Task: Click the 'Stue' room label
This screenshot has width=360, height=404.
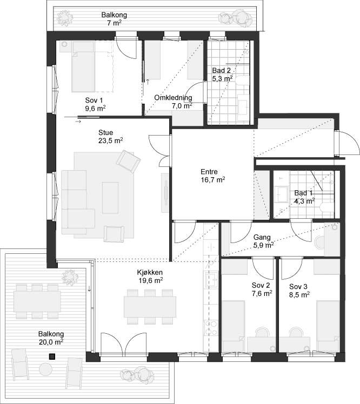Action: (106, 133)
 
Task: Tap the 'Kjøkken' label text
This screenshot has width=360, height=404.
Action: (150, 272)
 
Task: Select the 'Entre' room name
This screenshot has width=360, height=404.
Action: (209, 172)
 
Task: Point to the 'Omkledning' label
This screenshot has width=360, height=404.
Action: (173, 98)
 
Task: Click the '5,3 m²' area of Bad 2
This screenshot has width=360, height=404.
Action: (222, 78)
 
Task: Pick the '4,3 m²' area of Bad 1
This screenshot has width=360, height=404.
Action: (304, 201)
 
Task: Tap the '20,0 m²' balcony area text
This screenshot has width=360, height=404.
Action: (51, 342)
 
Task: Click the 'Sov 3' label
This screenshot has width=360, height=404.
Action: (298, 286)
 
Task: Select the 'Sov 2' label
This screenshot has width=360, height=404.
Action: (261, 285)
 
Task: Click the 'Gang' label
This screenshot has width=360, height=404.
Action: (262, 237)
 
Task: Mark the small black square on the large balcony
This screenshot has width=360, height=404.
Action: (52, 356)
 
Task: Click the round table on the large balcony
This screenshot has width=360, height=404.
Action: (45, 369)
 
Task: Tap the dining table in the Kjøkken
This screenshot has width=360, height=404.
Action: (150, 307)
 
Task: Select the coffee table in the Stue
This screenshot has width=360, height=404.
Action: (110, 198)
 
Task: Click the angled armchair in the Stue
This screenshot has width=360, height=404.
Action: (129, 161)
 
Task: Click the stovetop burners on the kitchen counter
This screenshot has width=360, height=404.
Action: (211, 328)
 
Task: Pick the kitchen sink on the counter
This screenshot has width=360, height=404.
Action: (212, 280)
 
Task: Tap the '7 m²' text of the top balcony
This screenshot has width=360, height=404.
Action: (114, 23)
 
